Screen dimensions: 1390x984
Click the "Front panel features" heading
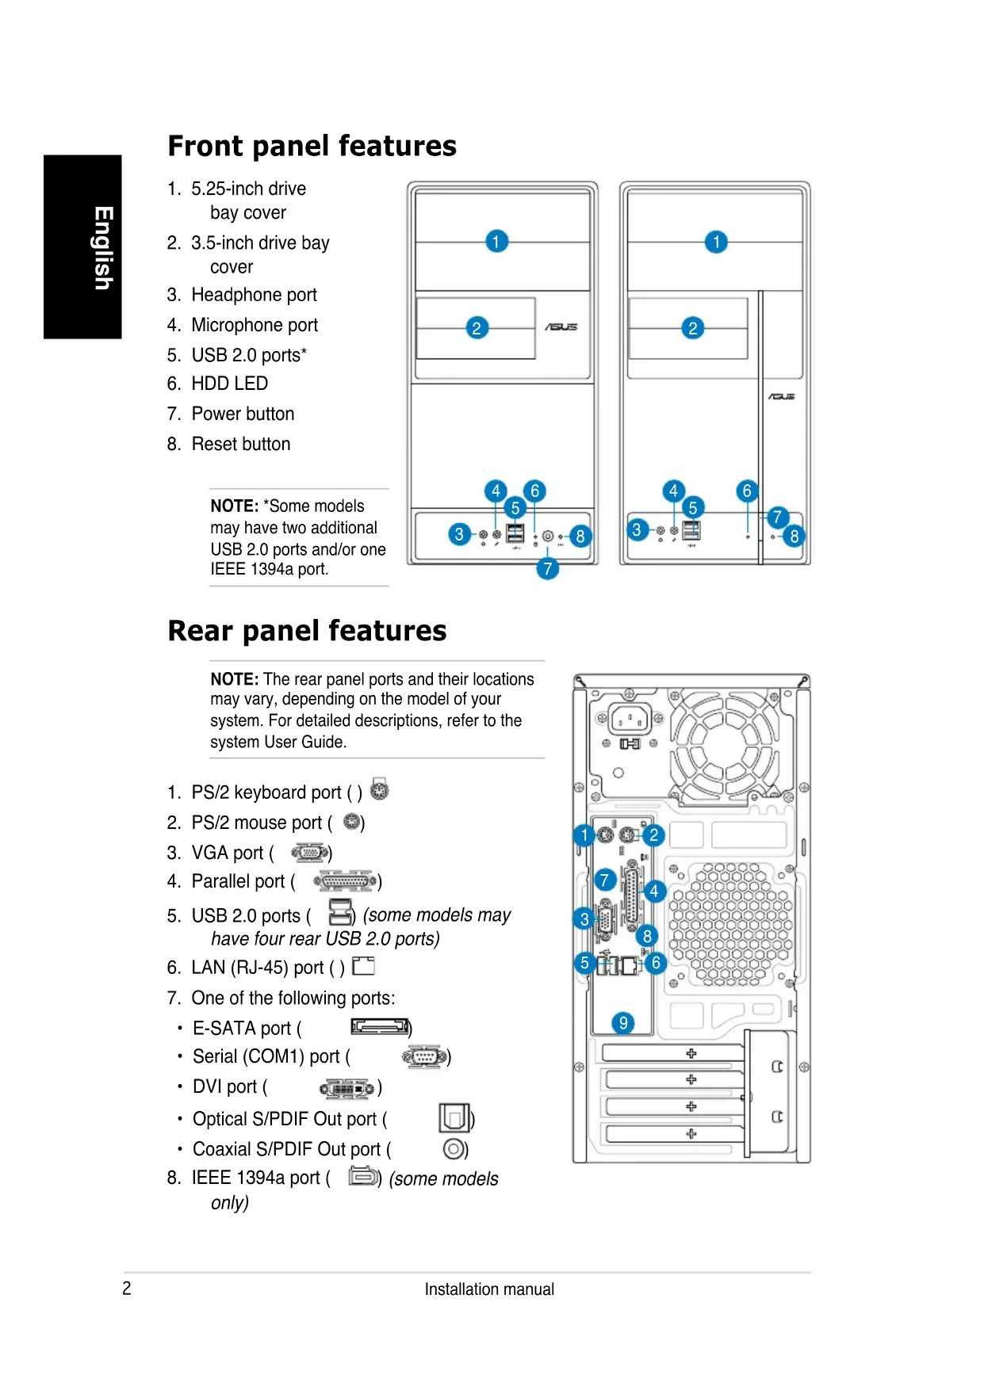[312, 146]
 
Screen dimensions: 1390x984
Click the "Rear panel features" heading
[307, 631]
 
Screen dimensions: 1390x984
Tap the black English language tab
[82, 246]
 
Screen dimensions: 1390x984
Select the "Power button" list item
[243, 414]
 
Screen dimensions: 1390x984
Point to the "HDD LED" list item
[229, 384]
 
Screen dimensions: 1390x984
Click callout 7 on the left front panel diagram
[547, 568]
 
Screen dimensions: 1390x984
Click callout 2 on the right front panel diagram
[693, 328]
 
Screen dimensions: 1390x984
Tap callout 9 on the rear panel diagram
[623, 1022]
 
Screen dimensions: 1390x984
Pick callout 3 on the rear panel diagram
[584, 918]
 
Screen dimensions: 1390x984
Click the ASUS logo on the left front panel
[561, 326]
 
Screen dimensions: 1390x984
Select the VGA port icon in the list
[310, 853]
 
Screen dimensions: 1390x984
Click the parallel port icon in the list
[345, 881]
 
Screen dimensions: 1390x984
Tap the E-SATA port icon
[381, 1028]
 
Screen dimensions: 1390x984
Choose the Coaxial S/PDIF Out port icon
[454, 1148]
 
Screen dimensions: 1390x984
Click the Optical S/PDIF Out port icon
[454, 1117]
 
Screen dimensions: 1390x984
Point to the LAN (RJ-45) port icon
[363, 966]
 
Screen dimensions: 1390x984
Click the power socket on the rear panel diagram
[630, 719]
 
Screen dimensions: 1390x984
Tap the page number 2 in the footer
[127, 1288]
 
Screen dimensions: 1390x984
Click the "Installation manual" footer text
[489, 1289]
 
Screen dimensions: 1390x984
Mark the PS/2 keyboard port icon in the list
[380, 790]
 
